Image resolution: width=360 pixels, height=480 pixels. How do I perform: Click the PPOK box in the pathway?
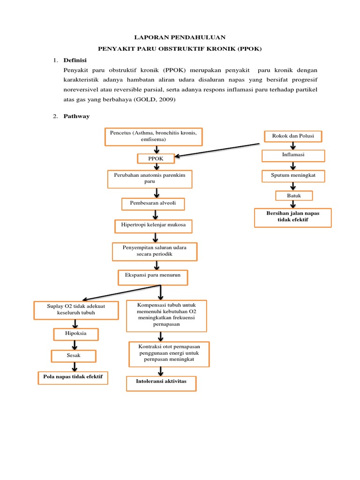tap(156, 159)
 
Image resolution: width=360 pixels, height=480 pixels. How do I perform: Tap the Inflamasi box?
tap(293, 155)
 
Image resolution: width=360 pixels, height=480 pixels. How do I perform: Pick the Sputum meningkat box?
tap(293, 176)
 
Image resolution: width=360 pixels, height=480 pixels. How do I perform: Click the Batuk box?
tap(294, 195)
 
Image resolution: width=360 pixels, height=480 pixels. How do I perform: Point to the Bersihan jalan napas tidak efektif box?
tap(293, 217)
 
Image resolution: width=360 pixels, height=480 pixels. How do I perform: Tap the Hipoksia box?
tap(75, 334)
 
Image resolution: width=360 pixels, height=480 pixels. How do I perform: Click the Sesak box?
tap(74, 356)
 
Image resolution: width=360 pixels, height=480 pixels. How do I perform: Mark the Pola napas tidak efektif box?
tap(73, 377)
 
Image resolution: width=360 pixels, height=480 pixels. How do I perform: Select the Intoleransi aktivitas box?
tap(161, 382)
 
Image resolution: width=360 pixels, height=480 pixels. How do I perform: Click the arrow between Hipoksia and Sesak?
tap(75, 344)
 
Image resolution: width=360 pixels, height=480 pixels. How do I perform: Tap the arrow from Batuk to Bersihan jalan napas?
tap(293, 204)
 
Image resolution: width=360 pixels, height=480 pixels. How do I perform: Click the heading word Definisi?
tap(75, 60)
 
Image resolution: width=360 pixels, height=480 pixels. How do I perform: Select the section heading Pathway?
tap(76, 116)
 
